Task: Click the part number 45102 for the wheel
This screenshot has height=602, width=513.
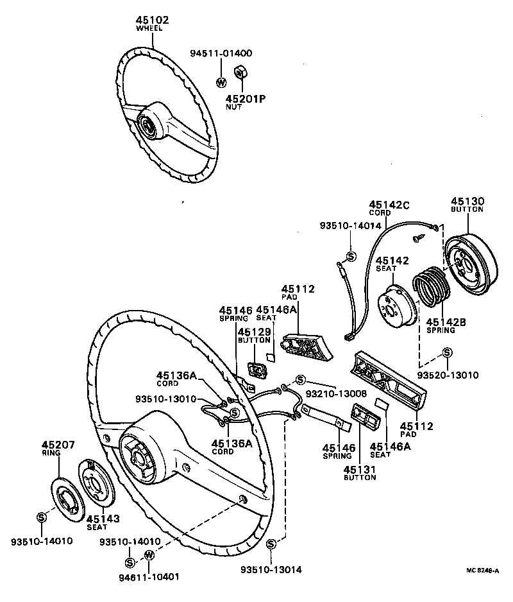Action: (x=152, y=21)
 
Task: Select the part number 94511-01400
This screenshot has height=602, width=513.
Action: (x=221, y=53)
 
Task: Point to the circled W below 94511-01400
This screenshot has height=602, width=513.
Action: (x=221, y=82)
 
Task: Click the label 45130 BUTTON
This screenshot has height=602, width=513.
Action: (x=467, y=204)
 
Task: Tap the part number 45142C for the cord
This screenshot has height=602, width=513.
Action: (x=389, y=205)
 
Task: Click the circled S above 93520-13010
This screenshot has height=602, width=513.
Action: (x=447, y=352)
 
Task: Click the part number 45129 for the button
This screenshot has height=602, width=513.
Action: (x=254, y=332)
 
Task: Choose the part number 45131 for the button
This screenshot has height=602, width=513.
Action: (x=359, y=470)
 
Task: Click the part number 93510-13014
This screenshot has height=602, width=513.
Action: (x=271, y=569)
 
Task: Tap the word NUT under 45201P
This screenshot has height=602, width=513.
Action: (x=233, y=107)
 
